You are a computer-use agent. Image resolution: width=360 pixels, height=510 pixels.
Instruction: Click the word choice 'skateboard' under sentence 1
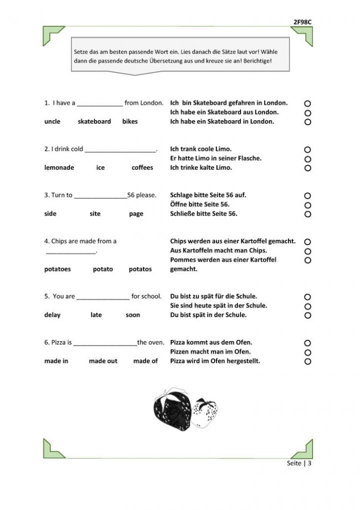[x=94, y=122]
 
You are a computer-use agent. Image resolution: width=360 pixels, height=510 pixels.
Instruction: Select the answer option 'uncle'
[x=52, y=122]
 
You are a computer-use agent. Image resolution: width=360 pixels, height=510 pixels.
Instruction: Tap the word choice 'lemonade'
[x=59, y=168]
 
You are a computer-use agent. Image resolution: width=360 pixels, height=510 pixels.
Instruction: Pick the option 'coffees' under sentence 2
[x=142, y=168]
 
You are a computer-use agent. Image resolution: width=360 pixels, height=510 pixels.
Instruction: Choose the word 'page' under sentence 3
[x=136, y=214]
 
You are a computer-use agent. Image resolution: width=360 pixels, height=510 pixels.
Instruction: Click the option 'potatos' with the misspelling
[x=140, y=269]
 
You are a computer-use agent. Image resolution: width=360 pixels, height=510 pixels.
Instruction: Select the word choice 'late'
[x=96, y=315]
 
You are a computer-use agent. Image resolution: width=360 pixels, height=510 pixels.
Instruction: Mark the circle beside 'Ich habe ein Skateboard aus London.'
[x=307, y=113]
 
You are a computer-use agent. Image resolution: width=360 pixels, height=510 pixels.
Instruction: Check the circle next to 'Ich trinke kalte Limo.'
[x=307, y=168]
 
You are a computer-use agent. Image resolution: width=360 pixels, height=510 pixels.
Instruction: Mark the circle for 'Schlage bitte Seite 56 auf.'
[x=307, y=196]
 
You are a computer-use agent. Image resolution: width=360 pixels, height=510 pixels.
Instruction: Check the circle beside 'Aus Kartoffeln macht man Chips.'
[x=307, y=251]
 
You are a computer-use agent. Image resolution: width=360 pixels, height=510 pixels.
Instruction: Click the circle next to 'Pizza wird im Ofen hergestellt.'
[x=307, y=361]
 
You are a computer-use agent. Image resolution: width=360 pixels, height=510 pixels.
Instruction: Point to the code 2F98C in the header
[x=303, y=22]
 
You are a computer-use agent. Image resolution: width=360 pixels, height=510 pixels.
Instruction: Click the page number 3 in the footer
[x=310, y=463]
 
